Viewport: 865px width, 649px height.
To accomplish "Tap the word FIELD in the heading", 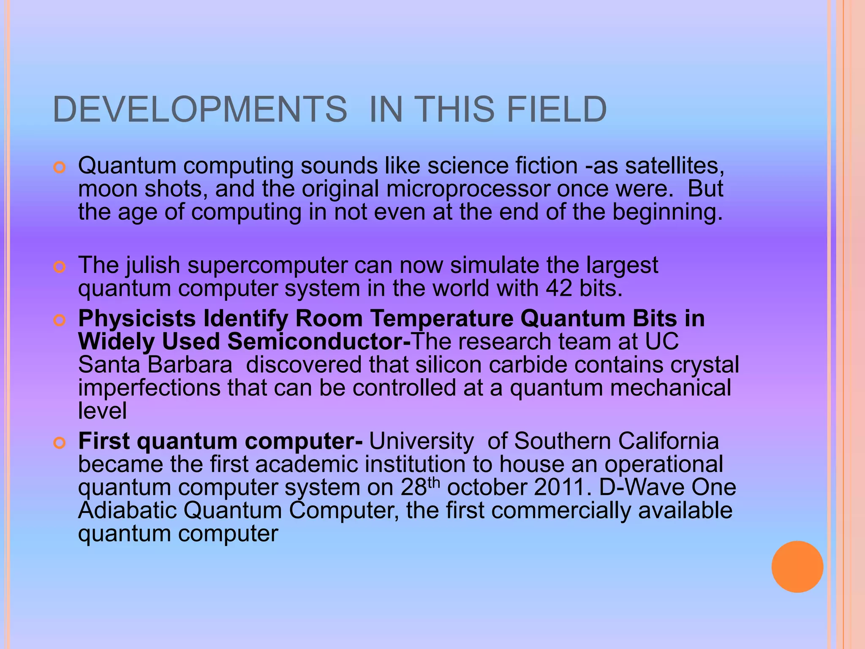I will click(556, 109).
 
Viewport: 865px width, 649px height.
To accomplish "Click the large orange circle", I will click(797, 567).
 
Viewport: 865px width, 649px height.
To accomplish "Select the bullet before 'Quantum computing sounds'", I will click(60, 168).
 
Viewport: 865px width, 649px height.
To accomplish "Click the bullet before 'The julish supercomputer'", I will click(60, 267).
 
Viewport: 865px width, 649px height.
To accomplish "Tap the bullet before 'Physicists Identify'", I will click(60, 321).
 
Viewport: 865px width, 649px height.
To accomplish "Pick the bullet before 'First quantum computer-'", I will click(60, 443).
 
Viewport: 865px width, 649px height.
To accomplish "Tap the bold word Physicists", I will click(137, 319).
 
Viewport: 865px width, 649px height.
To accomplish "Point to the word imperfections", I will click(149, 388).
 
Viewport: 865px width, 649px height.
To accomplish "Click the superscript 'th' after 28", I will click(434, 482).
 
